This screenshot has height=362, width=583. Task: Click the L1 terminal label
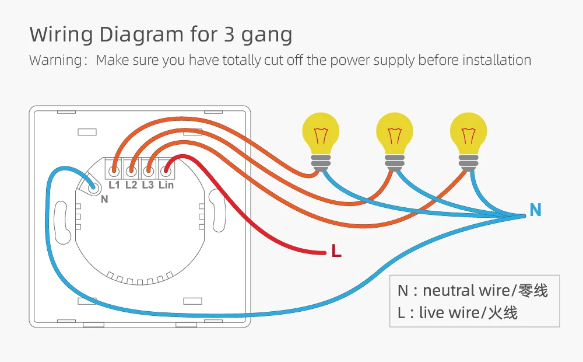coord(114,185)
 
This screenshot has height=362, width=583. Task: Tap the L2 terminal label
coord(131,185)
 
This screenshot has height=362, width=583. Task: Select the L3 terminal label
coord(148,185)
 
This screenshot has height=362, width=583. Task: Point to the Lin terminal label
coord(166,185)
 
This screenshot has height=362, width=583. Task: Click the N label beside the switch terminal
coord(104,199)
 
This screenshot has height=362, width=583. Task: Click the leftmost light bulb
coord(321,135)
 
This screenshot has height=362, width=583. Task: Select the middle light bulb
coord(395,135)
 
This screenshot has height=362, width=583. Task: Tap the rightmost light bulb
coord(469,135)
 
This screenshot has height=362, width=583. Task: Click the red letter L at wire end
coord(336,252)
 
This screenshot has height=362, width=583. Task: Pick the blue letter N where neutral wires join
coord(535,210)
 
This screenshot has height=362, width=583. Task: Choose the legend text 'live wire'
coord(448,312)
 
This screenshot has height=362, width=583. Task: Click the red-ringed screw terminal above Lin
coord(166,171)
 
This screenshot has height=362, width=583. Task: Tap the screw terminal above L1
coord(114,171)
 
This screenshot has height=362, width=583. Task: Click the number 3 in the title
coord(229,35)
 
